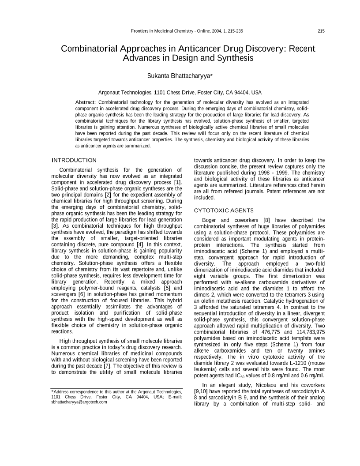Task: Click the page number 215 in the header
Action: [321, 31]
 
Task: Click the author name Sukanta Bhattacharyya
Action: [179, 76]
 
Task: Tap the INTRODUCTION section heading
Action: [74, 160]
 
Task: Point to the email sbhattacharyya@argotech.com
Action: [79, 402]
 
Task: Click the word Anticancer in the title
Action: [204, 48]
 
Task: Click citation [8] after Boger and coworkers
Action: [266, 220]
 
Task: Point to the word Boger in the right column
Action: [210, 220]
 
